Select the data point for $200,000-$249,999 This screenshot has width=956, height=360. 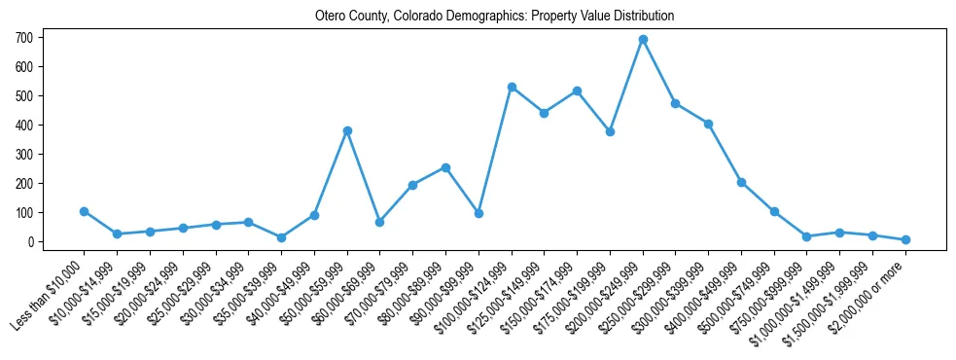pos(643,40)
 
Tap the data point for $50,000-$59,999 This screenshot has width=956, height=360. pos(347,130)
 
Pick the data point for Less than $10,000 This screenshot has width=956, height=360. pos(85,211)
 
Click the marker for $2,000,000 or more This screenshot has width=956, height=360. pos(905,239)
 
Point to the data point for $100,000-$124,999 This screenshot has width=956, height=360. pos(512,87)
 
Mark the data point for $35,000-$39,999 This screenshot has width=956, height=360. pos(281,237)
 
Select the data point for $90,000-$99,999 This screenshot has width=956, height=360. pos(478,213)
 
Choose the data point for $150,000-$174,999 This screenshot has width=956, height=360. pos(578,90)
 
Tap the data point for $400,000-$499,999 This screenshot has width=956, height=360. pos(741,182)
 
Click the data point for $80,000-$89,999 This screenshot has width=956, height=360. pos(445,167)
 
